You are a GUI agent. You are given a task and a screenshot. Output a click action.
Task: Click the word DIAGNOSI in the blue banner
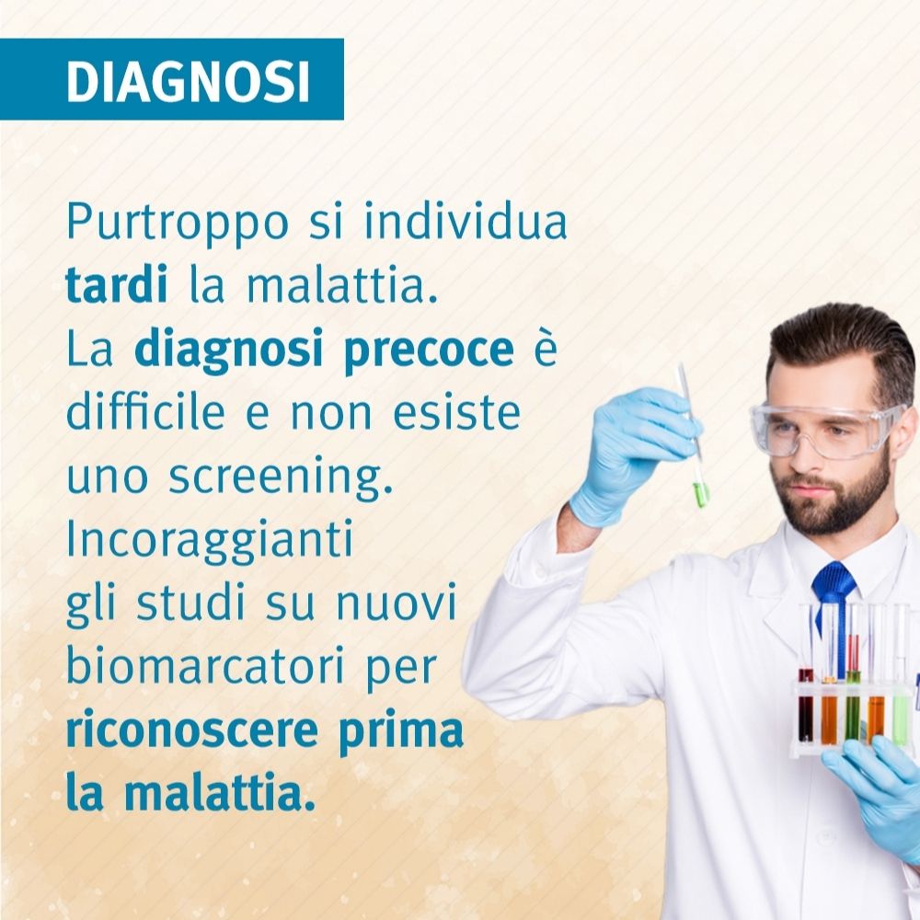click(x=188, y=81)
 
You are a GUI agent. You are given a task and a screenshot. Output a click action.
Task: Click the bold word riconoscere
click(x=192, y=731)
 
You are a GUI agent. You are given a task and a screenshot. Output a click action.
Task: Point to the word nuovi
click(x=396, y=604)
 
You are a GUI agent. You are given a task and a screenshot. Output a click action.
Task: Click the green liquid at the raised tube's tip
click(x=700, y=494)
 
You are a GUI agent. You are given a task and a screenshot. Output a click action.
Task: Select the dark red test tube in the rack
click(x=806, y=704)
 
